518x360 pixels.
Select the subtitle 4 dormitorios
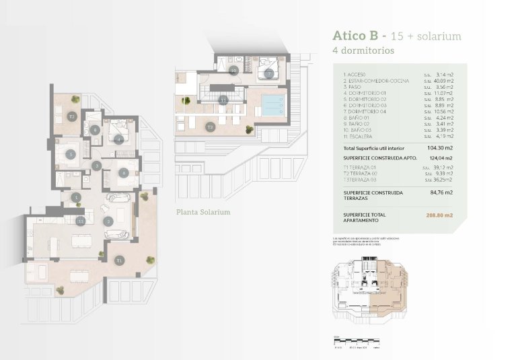point(363,50)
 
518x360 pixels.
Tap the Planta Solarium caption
point(203,212)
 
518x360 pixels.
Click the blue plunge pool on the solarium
point(272,104)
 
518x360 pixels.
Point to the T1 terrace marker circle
point(118,260)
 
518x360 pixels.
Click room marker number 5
point(71,153)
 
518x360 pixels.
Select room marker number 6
point(124,172)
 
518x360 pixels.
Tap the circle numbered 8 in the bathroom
point(96,131)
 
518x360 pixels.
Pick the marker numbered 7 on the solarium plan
point(268,73)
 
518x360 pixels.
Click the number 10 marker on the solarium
point(233,70)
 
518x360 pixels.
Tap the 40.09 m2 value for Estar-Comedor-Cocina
point(439,81)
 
